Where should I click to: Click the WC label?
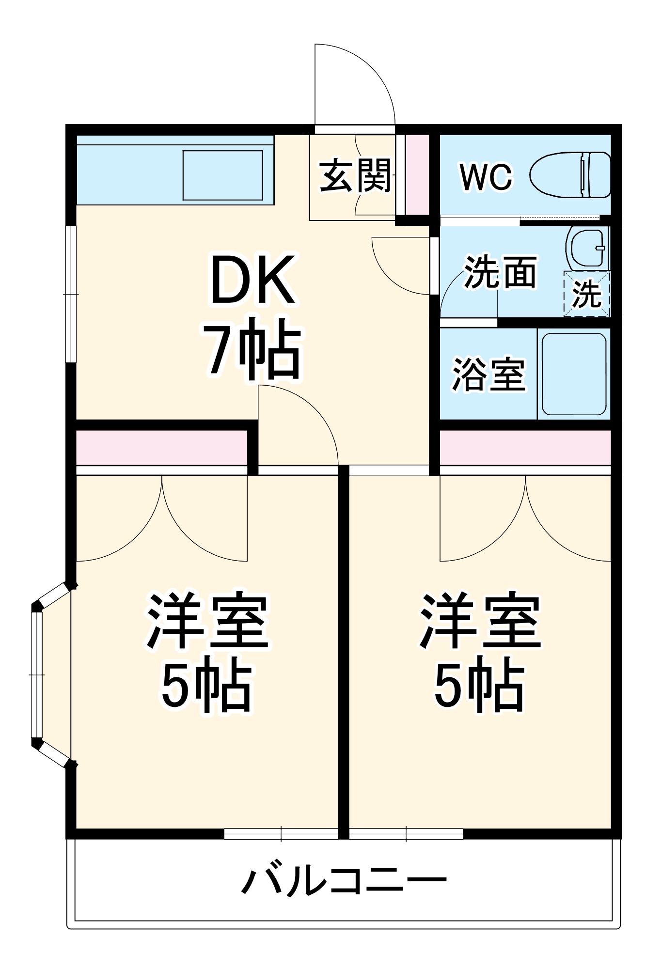coord(486,177)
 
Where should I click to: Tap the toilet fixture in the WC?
coord(569,175)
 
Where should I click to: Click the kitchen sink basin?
coord(222,175)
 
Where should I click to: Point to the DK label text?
coord(252,280)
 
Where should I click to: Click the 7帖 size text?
coord(252,348)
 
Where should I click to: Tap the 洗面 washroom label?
coord(500,272)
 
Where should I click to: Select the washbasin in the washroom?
coord(587,248)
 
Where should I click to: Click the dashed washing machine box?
coord(587,294)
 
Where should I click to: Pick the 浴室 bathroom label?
coord(488,375)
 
